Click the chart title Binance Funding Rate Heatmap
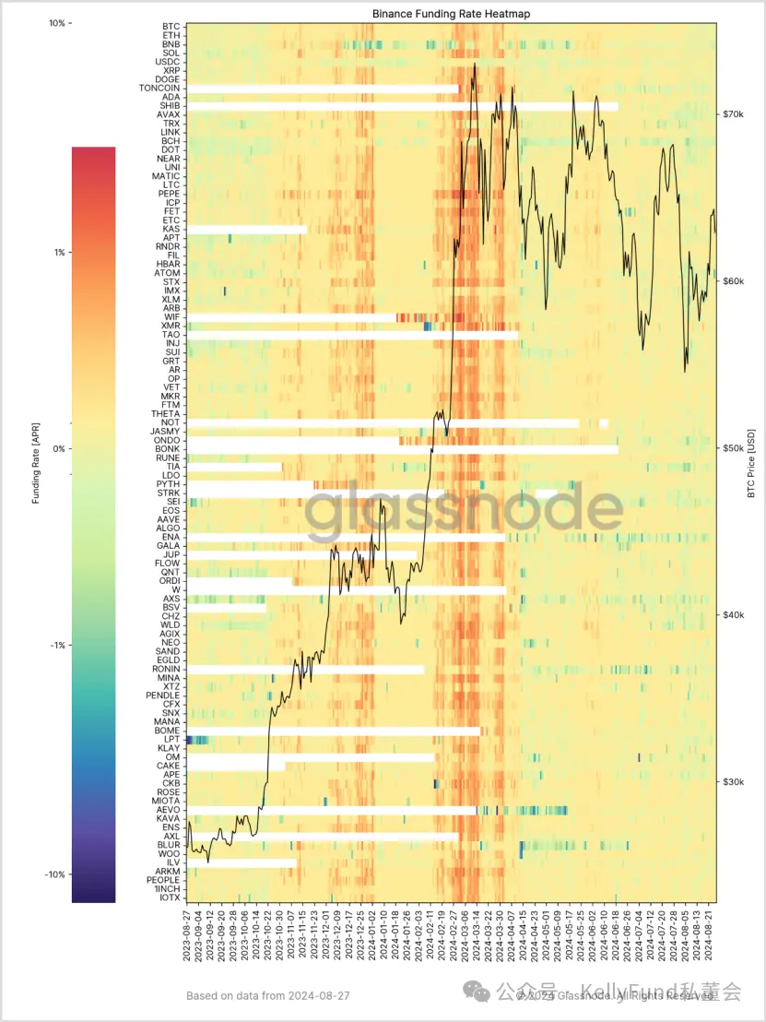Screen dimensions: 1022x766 point(451,14)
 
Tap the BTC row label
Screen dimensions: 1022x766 point(171,27)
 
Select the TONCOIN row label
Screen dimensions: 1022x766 point(159,89)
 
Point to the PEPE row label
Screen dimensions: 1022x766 point(169,194)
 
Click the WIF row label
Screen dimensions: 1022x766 point(171,317)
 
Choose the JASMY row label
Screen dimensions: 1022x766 point(166,432)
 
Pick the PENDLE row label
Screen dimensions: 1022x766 point(163,695)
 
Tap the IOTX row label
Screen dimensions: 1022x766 point(170,897)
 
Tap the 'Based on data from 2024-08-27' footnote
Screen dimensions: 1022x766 point(268,996)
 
